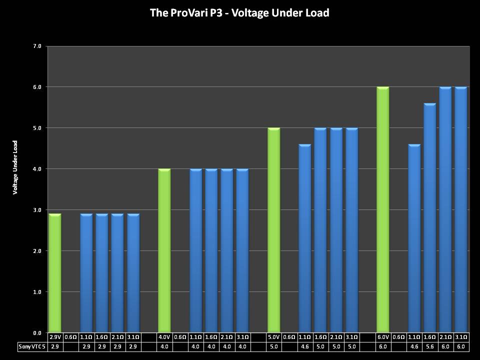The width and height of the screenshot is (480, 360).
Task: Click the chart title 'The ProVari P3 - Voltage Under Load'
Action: click(239, 13)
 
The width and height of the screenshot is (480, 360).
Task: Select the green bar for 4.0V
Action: click(164, 250)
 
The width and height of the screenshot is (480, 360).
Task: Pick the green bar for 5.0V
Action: click(274, 230)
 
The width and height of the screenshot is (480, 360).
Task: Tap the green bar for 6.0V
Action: click(383, 209)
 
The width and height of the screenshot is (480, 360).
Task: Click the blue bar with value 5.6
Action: click(429, 217)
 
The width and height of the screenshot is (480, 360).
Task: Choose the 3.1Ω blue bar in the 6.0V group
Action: click(460, 209)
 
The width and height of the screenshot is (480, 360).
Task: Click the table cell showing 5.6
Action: click(429, 346)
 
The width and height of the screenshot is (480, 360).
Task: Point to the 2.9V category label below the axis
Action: click(55, 337)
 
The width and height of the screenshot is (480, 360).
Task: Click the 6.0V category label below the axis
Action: click(383, 337)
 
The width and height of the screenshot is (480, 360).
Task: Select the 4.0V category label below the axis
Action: click(164, 337)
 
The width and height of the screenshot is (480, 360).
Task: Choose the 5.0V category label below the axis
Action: click(274, 337)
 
